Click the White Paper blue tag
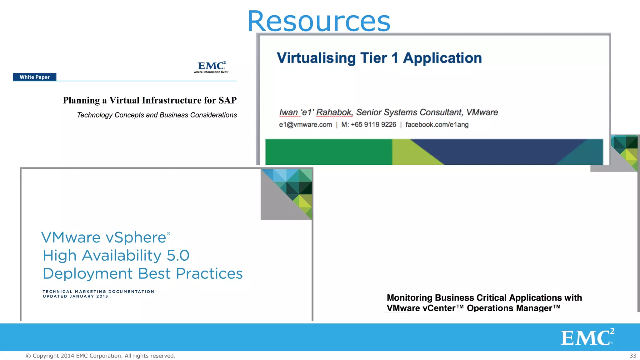coord(34,77)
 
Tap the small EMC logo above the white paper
coord(211,67)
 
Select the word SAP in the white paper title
coord(227,100)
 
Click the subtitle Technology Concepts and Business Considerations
coord(157,115)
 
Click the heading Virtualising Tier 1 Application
coord(379,58)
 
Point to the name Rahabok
coord(334,112)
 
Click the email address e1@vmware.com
coord(305,125)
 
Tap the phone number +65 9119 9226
coord(373,125)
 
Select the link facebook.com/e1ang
coord(437,125)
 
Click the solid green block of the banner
coord(328,152)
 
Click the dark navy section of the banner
coord(500,152)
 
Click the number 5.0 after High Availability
coord(178,256)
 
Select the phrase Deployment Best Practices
coord(142,274)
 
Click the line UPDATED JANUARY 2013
coord(75,297)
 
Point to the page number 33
coord(633,356)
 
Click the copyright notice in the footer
coord(100,356)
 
